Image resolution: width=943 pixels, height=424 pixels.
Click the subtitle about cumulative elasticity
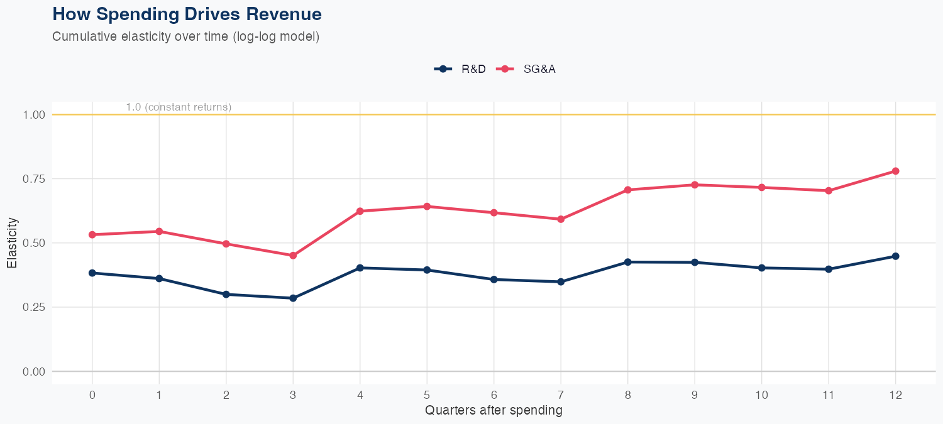[x=186, y=36]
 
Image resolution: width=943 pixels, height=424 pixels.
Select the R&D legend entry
[x=461, y=69]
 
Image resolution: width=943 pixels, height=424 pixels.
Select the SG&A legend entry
[x=527, y=69]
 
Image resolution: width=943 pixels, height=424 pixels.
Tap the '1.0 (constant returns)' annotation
[x=179, y=107]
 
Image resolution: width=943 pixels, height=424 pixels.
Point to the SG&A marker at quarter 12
[x=895, y=171]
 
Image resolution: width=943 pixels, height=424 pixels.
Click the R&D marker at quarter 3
[x=293, y=298]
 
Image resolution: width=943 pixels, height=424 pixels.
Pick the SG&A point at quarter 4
[x=360, y=211]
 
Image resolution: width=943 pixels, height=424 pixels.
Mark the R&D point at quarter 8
[x=627, y=262]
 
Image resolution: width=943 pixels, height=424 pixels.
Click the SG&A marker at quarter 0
[x=92, y=234]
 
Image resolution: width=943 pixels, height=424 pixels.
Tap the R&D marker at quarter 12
[x=895, y=256]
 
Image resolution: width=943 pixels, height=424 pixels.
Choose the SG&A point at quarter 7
[x=561, y=219]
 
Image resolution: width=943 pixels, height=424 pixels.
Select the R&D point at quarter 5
[x=427, y=270]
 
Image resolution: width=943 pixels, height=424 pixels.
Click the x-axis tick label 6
[x=494, y=395]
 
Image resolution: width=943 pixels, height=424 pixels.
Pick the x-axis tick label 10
[x=761, y=395]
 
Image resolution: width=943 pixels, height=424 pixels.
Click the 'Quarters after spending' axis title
[x=494, y=411]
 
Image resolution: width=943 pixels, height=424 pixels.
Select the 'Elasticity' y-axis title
[x=12, y=243]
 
